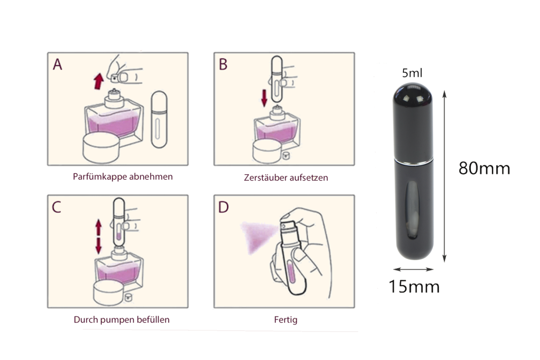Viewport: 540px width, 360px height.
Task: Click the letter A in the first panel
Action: (58, 64)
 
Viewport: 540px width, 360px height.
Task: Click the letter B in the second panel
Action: (223, 64)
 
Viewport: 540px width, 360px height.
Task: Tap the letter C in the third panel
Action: (57, 207)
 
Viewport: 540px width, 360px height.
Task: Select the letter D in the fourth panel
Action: (224, 207)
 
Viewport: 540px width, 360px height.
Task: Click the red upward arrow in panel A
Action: (98, 81)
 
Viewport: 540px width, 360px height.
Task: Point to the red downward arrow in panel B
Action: (264, 98)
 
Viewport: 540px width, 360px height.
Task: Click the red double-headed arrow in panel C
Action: (98, 237)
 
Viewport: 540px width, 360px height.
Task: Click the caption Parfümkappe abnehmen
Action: (123, 176)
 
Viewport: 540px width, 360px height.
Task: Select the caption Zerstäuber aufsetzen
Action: (286, 178)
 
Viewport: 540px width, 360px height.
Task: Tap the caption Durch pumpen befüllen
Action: (122, 320)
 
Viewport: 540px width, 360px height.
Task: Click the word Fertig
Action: (286, 320)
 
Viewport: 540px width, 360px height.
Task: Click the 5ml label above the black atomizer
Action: (412, 73)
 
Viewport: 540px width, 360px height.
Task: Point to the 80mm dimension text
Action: (484, 168)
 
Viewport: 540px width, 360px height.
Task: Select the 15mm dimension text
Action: (414, 287)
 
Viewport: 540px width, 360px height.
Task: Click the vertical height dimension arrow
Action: (444, 176)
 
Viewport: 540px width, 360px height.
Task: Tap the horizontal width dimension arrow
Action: (413, 269)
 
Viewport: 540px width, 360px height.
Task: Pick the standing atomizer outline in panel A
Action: (159, 119)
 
